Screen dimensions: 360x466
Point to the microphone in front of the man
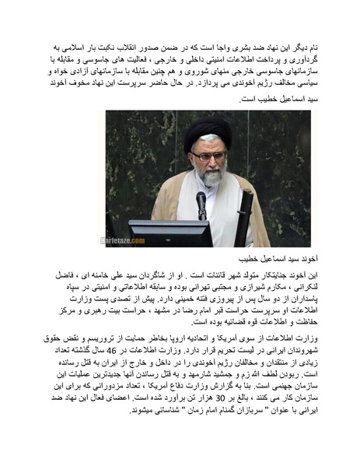201,203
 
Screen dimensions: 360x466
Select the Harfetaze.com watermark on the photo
125,241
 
